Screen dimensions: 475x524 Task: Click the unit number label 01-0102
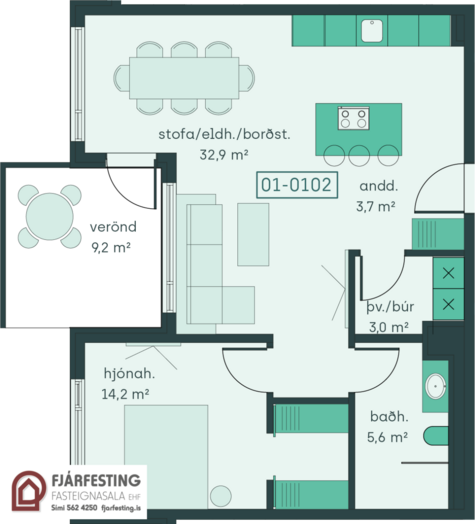tap(297, 185)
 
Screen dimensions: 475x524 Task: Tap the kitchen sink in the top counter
tap(372, 31)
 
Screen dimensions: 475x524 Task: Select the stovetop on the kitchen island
tap(353, 118)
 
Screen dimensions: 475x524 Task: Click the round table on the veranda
tap(49, 216)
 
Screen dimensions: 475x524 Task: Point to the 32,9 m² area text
tap(224, 155)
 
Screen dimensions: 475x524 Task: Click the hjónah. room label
tap(129, 373)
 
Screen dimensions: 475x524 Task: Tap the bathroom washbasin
tap(436, 386)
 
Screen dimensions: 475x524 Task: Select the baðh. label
tap(389, 416)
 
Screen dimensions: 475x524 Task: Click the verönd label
tap(113, 227)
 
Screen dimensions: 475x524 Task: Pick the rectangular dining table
tap(184, 78)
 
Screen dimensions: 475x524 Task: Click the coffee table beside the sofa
tap(253, 235)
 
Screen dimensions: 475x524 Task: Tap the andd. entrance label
tap(378, 186)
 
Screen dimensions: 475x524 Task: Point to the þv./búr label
tap(390, 307)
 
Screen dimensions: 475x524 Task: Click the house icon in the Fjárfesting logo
tap(28, 491)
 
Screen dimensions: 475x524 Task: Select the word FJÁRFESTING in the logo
tap(96, 481)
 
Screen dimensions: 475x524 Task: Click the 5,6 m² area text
tap(387, 437)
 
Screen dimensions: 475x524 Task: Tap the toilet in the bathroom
tap(436, 436)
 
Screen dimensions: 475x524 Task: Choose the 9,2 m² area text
tap(111, 248)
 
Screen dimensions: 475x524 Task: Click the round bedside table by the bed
tap(221, 496)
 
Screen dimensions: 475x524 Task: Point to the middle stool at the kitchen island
tap(359, 156)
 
